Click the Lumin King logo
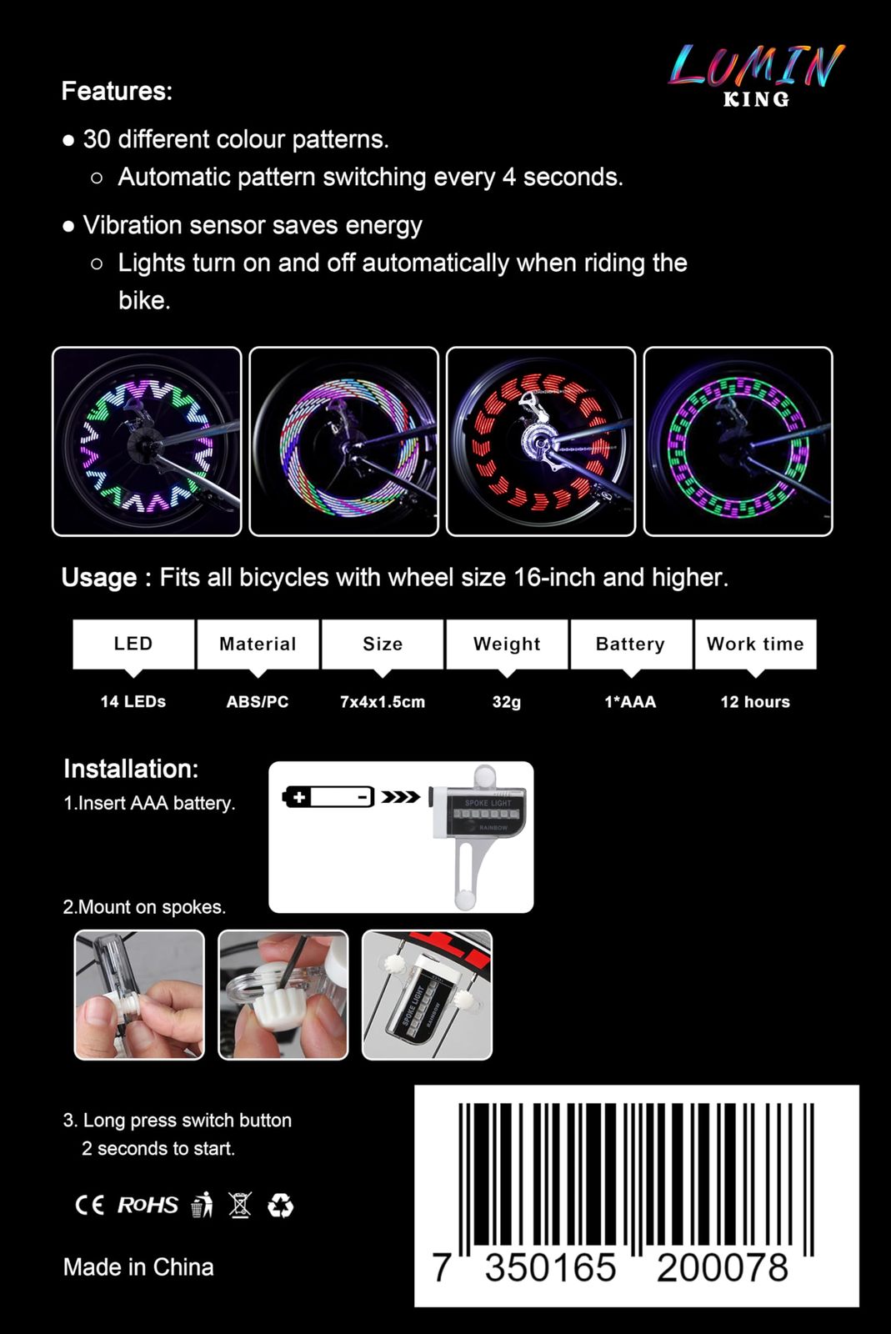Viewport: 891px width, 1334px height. [756, 75]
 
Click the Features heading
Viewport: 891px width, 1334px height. [117, 91]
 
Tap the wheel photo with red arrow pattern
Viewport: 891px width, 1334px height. [540, 441]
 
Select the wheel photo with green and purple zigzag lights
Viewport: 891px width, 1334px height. [147, 441]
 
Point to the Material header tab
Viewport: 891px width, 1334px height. [258, 644]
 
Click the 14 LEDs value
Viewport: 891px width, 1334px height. [133, 701]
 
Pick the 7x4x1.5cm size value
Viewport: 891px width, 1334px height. [383, 701]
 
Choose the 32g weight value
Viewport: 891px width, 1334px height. [507, 701]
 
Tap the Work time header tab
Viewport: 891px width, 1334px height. [755, 644]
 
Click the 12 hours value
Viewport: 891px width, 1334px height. [755, 701]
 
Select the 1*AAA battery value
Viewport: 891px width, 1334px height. [630, 701]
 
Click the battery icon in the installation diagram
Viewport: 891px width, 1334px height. [328, 797]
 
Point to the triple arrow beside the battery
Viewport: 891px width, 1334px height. [400, 797]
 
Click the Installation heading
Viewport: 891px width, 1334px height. [131, 769]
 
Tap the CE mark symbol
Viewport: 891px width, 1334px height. [90, 1205]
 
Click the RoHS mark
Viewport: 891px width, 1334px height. [148, 1205]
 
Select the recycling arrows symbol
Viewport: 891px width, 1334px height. [280, 1206]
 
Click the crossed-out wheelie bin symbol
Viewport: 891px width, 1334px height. [240, 1205]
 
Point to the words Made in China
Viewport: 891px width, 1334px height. [138, 1267]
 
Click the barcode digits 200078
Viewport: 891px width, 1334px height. [723, 1268]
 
